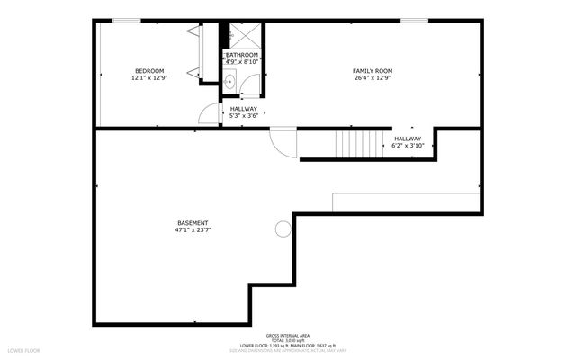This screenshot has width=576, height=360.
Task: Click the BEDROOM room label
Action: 149,71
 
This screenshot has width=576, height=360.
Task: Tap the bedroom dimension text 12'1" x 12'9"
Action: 149,78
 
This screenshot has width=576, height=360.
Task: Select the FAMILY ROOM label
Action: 372,71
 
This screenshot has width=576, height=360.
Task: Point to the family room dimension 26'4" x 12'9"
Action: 372,78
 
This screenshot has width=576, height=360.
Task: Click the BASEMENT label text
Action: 193,222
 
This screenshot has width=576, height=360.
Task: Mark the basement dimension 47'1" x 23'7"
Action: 193,229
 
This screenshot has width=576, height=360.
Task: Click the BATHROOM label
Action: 242,55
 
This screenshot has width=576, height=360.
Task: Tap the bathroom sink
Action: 229,82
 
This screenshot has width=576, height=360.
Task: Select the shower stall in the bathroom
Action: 243,35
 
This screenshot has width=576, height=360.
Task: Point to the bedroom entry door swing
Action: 209,112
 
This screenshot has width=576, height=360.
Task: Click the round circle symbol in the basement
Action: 283,229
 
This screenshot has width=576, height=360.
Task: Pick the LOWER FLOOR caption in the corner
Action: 23,349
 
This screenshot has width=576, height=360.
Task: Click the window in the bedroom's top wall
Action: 126,21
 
